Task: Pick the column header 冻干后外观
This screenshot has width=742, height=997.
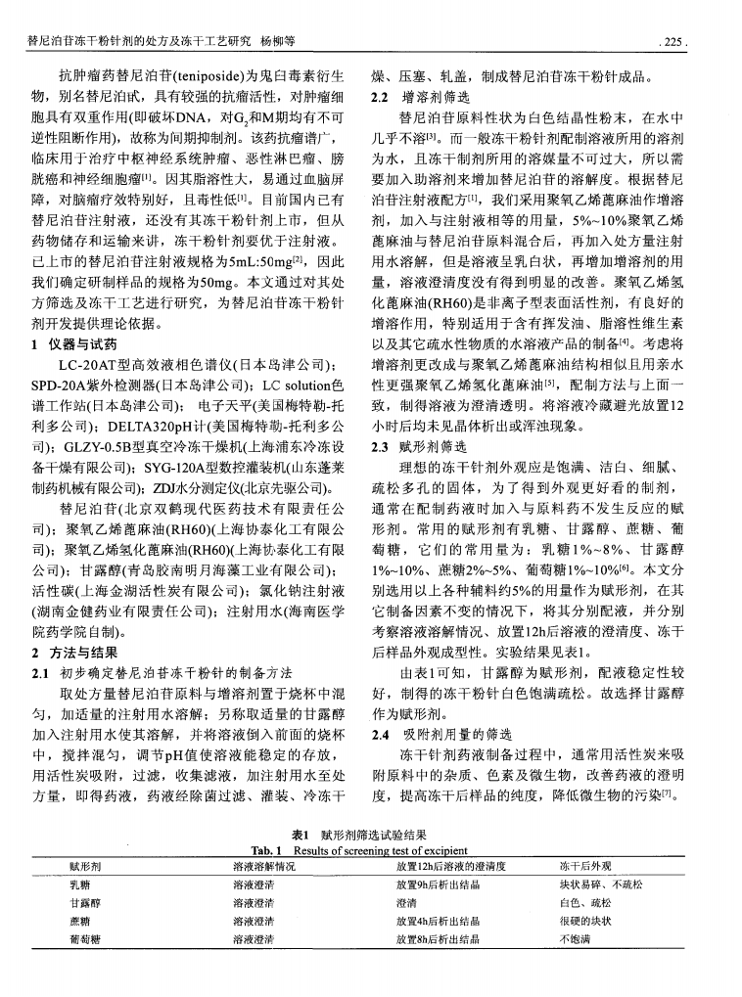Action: [x=584, y=866]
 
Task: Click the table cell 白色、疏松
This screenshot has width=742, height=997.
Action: [x=584, y=902]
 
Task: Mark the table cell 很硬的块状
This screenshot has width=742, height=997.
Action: [x=584, y=921]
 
